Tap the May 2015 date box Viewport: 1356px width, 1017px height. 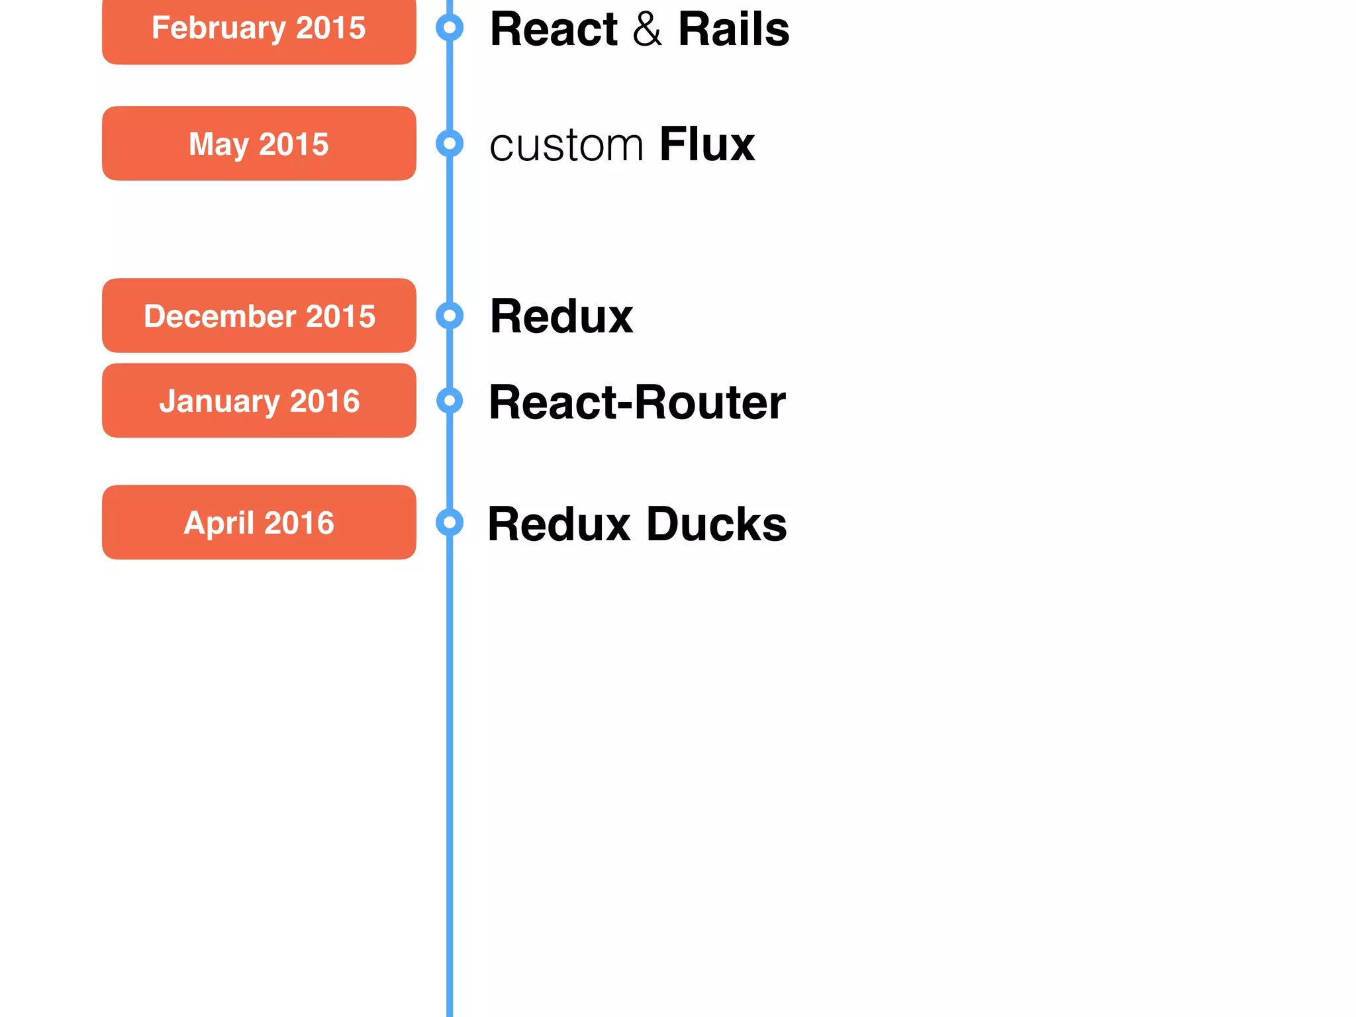[259, 144]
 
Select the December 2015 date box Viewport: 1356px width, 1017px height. [259, 316]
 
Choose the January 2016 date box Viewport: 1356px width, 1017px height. [259, 401]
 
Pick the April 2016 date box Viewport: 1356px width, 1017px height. [259, 522]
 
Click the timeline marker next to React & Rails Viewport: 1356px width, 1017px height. [450, 28]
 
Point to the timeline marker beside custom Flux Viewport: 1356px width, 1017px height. [450, 143]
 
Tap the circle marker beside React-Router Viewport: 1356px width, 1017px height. [450, 401]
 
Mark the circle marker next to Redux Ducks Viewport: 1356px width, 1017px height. [450, 522]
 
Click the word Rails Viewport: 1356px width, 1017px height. [734, 29]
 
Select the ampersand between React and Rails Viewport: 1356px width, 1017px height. [647, 30]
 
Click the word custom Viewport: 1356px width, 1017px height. [566, 146]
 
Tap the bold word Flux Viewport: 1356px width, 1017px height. [707, 144]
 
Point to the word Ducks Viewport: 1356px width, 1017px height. [716, 524]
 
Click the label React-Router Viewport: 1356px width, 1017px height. [637, 402]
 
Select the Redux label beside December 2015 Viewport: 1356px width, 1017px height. [561, 316]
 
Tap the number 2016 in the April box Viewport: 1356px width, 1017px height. [299, 523]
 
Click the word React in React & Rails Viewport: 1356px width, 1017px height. [554, 29]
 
